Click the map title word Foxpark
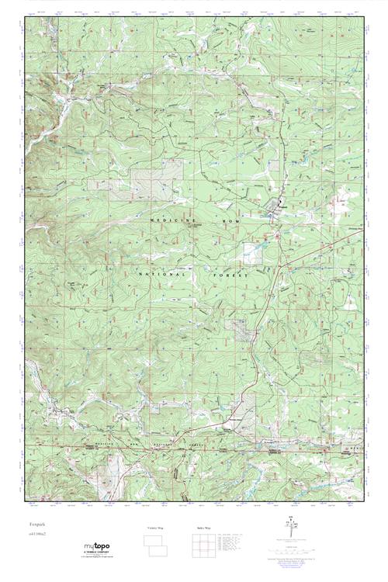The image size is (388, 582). [x=33, y=525]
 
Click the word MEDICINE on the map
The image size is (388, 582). [x=170, y=221]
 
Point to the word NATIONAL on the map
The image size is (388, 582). [x=163, y=275]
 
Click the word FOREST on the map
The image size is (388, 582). [x=228, y=275]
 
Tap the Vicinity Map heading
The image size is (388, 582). [x=156, y=528]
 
